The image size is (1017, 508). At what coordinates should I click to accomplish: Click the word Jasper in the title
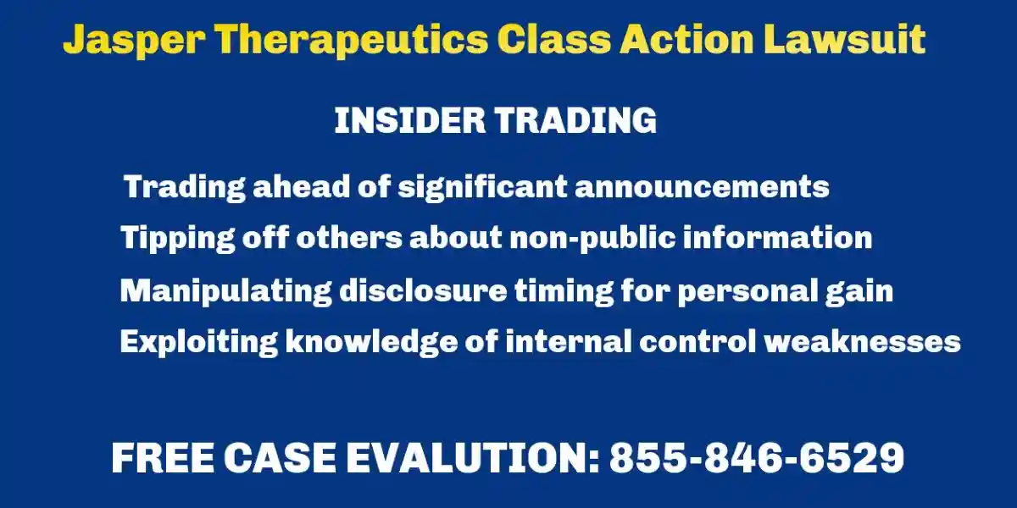(134, 41)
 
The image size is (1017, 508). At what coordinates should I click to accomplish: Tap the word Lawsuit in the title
(844, 39)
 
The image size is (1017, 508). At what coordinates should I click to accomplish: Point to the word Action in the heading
(686, 39)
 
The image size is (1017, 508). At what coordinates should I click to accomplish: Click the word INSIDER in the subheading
(410, 120)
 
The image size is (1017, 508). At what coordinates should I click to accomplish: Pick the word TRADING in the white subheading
(575, 120)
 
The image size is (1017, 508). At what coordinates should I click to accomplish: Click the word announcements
(702, 186)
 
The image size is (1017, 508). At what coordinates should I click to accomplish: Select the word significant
(482, 187)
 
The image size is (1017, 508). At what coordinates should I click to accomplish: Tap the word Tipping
(178, 238)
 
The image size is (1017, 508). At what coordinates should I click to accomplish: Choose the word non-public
(592, 238)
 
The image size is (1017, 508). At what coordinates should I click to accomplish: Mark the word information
(778, 237)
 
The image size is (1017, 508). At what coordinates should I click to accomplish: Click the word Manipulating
(226, 291)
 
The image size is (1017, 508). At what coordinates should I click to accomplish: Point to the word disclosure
(423, 290)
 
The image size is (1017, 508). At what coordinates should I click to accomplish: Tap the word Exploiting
(199, 342)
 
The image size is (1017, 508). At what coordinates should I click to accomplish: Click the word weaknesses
(863, 341)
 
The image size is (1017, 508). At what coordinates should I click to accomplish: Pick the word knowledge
(371, 342)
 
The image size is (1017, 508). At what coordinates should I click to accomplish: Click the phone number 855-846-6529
(757, 458)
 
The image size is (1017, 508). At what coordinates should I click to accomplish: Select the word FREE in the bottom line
(163, 458)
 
